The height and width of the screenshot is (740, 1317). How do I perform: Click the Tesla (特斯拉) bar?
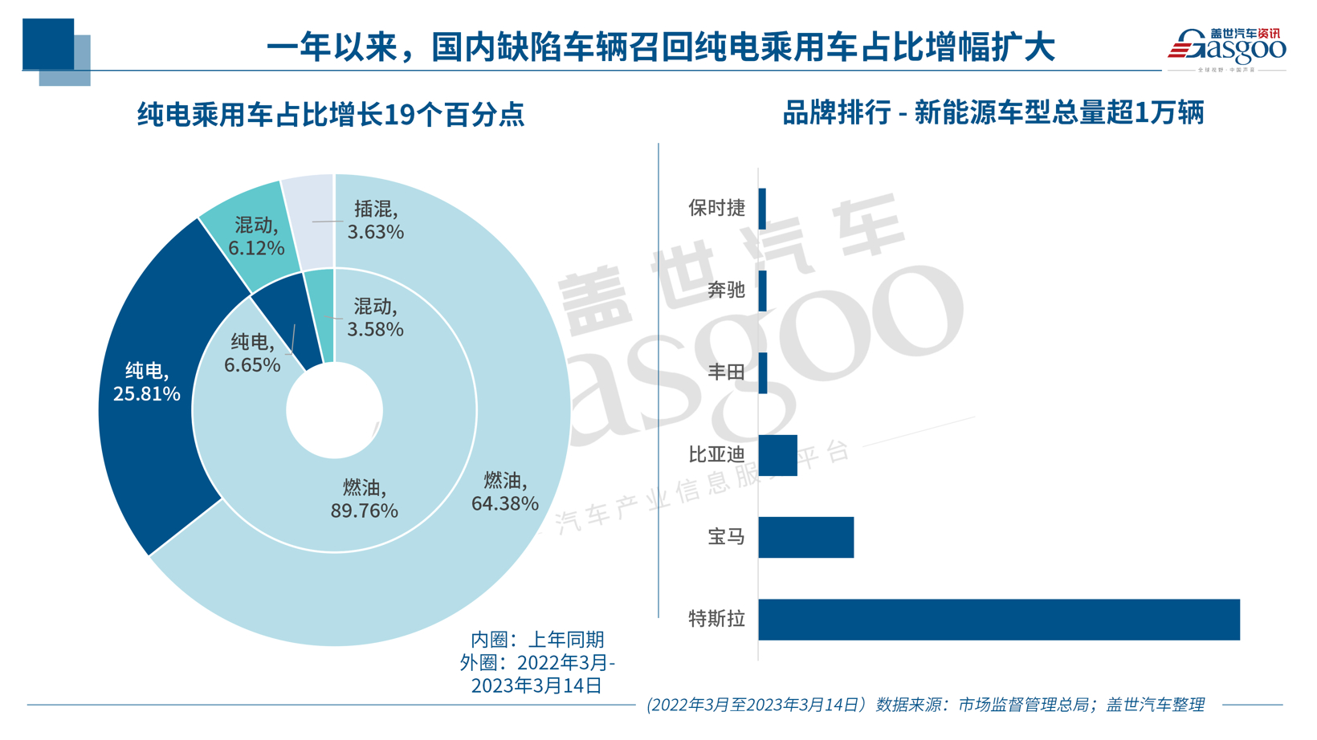point(998,620)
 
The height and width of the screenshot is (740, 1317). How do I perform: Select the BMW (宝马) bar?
point(805,538)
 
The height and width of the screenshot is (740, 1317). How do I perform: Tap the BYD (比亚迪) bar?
point(777,456)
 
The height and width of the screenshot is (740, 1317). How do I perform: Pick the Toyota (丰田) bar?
point(763,373)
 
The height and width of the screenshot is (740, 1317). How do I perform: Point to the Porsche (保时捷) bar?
point(762,209)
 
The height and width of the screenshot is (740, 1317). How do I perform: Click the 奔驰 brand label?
point(726,291)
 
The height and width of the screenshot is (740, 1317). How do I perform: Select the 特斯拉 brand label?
point(716,619)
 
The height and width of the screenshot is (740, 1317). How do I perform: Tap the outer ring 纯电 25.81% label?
point(146,382)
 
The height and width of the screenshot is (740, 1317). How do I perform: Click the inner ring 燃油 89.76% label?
point(364,498)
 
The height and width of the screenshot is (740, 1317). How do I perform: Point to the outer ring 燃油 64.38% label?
point(504,492)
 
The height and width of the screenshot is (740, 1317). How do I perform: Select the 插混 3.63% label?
point(375,221)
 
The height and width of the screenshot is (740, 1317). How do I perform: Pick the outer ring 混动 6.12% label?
point(256,237)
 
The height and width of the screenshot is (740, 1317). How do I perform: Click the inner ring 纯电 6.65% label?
point(252,353)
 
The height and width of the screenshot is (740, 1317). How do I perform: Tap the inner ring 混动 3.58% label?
point(375,318)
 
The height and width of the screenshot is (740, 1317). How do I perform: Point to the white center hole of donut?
point(334,410)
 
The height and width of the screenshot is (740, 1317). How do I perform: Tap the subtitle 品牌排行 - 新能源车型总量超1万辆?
point(993,113)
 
